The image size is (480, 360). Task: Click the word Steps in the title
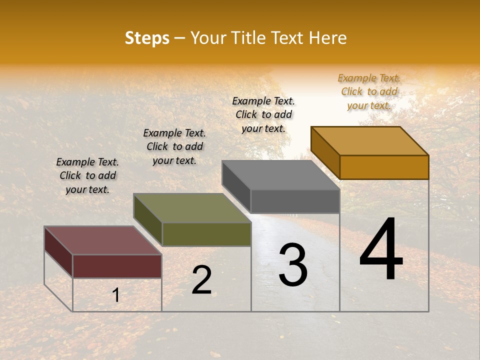tap(147, 38)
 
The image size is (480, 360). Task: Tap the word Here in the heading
tap(327, 38)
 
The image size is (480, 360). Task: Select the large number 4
tap(381, 250)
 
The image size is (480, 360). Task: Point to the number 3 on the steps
tap(293, 265)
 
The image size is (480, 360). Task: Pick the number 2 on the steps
tap(202, 280)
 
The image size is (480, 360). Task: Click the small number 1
tap(116, 295)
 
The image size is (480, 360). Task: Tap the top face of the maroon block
tap(102, 240)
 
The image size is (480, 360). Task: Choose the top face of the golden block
tap(370, 141)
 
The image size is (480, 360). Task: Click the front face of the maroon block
tap(117, 266)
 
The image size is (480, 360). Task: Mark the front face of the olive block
tap(206, 234)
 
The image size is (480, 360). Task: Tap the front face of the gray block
tap(295, 201)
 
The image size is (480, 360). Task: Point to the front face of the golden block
tap(384, 167)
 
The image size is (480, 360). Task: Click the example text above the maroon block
tap(87, 175)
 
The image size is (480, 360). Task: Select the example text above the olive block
tap(174, 146)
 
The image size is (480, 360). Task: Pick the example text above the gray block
tap(263, 114)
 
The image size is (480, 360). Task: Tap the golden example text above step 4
tap(369, 91)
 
